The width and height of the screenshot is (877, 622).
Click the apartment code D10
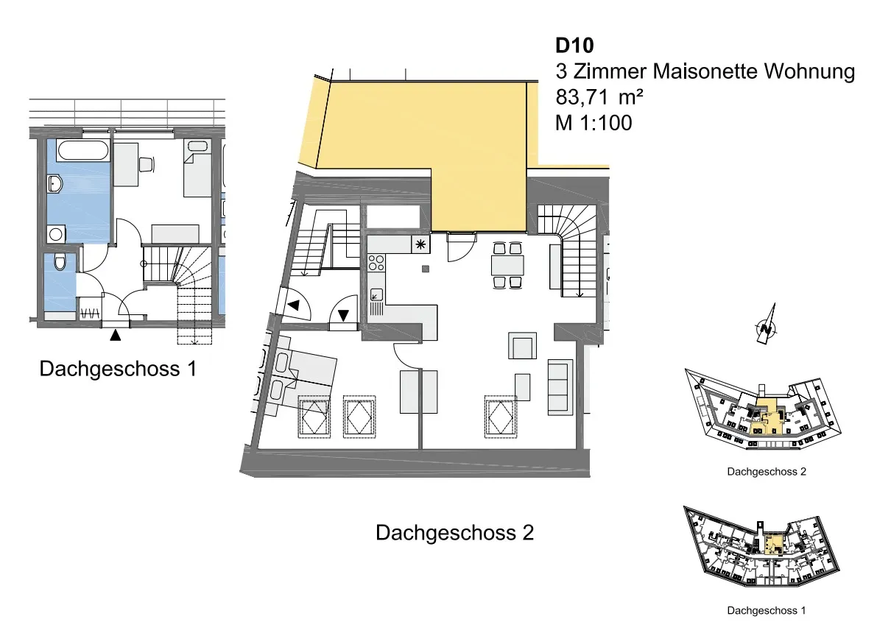tap(574, 46)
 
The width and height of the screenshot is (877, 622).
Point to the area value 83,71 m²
tap(599, 96)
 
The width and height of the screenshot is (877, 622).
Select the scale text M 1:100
tap(594, 122)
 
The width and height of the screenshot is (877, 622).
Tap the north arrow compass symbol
tap(767, 325)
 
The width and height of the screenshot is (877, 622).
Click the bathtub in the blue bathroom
tap(82, 151)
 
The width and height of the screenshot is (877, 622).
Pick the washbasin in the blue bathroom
tap(54, 183)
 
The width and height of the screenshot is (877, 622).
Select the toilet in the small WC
tap(60, 262)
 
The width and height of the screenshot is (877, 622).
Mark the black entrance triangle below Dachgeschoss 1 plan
tap(115, 335)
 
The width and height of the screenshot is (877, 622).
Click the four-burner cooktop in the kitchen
tap(376, 263)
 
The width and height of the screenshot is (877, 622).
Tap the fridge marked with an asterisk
tap(420, 244)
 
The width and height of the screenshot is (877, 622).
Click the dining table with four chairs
tap(508, 265)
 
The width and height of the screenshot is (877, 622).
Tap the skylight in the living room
tap(500, 417)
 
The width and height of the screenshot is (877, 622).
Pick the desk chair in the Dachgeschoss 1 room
tap(146, 165)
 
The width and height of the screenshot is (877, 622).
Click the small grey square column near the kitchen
tap(426, 269)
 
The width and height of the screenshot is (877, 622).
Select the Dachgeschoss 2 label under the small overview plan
tap(767, 472)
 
